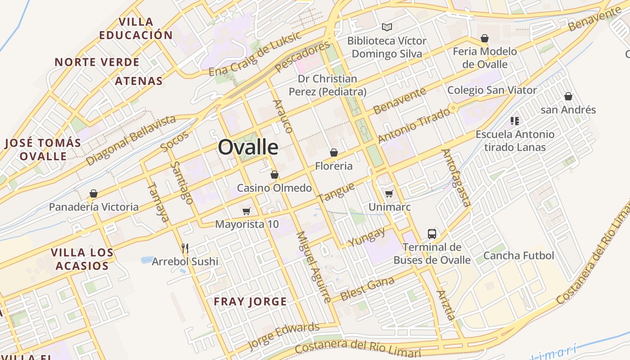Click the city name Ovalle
tap(248, 147)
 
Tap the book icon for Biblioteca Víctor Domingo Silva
tap(387, 27)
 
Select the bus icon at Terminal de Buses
tap(432, 234)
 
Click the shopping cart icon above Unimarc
tap(389, 193)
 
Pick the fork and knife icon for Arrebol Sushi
tap(184, 248)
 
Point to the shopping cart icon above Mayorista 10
tap(246, 211)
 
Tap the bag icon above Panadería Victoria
tap(94, 193)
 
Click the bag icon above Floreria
tap(334, 153)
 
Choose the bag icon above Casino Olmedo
tap(274, 175)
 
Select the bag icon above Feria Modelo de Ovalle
tap(485, 38)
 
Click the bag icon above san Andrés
tap(568, 96)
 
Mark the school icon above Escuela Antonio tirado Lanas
tap(515, 121)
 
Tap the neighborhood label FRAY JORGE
tap(250, 301)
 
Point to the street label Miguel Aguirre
tap(314, 267)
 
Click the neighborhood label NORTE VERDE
tap(97, 62)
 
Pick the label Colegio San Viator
tap(492, 90)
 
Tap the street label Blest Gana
tap(368, 289)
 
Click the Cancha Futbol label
tap(518, 256)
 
